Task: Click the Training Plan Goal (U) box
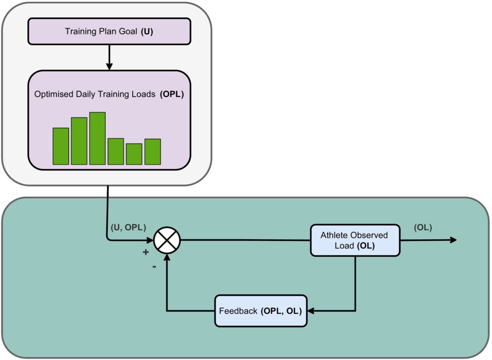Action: click(x=110, y=31)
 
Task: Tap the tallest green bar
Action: click(x=98, y=138)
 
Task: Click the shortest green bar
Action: click(x=134, y=154)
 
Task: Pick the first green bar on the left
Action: click(x=61, y=146)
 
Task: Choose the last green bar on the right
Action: click(x=152, y=152)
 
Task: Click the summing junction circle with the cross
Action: click(x=166, y=240)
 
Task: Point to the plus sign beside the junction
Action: click(x=145, y=252)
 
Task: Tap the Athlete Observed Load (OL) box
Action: click(x=355, y=240)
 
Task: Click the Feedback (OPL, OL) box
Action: click(x=260, y=311)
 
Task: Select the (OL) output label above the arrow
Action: click(x=423, y=228)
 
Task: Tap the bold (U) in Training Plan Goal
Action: click(x=148, y=31)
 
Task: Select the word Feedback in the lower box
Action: click(x=238, y=311)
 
